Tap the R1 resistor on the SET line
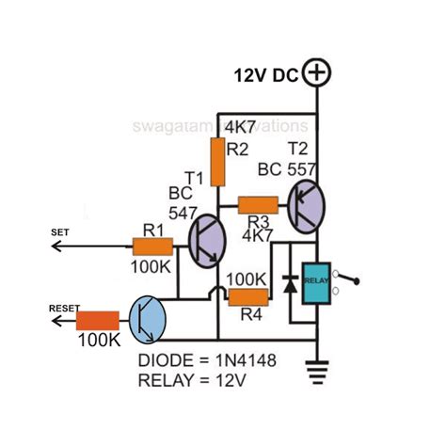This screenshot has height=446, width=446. [151, 247]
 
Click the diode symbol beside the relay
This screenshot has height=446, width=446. [290, 283]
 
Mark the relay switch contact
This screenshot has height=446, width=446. [351, 278]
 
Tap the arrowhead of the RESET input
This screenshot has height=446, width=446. [56, 321]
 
